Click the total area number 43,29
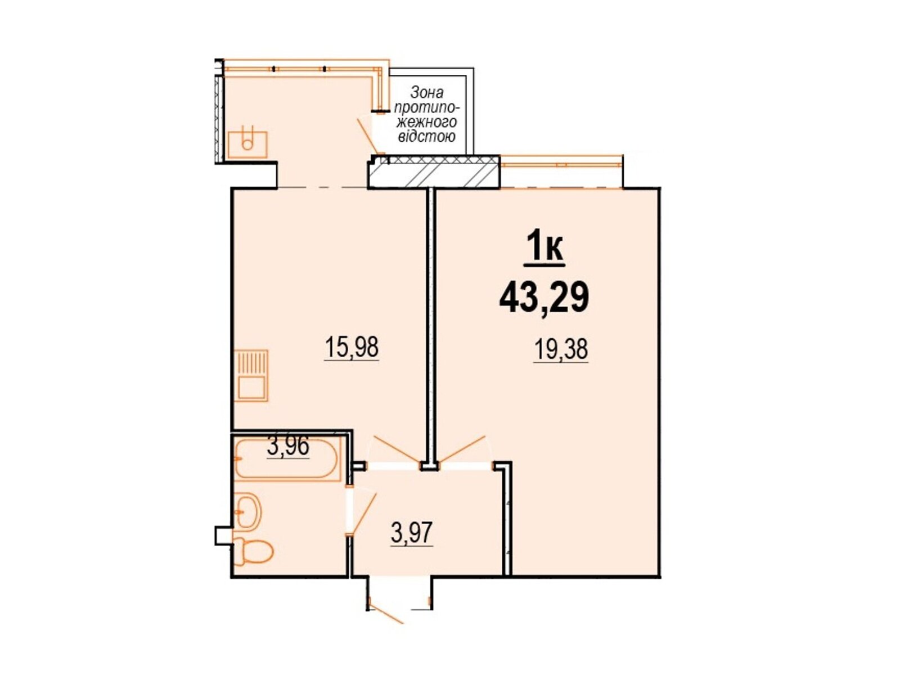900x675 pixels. pyautogui.click(x=544, y=298)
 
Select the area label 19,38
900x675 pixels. pyautogui.click(x=560, y=350)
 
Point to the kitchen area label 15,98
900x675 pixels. pyautogui.click(x=352, y=347)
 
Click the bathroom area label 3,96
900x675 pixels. pyautogui.click(x=288, y=447)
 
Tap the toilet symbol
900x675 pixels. pyautogui.click(x=253, y=552)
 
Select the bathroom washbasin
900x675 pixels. pyautogui.click(x=249, y=512)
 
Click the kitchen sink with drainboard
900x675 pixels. pyautogui.click(x=251, y=375)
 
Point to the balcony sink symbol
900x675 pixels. pyautogui.click(x=247, y=143)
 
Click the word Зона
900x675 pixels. pyautogui.click(x=427, y=93)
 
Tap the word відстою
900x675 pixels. pyautogui.click(x=427, y=137)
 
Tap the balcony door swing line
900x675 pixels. pyautogui.click(x=368, y=136)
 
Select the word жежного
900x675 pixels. pyautogui.click(x=427, y=122)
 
